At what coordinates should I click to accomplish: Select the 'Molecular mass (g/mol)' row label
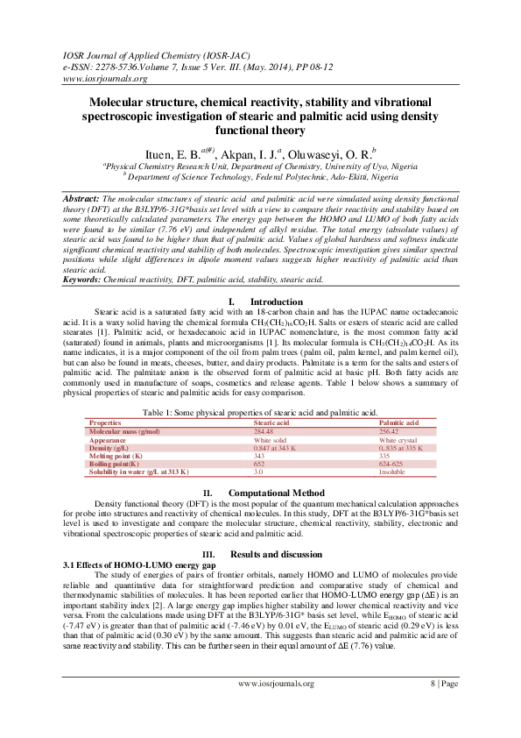(123, 432)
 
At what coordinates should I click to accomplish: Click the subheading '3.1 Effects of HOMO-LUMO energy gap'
(132, 564)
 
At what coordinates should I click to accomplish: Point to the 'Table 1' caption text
(260, 412)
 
